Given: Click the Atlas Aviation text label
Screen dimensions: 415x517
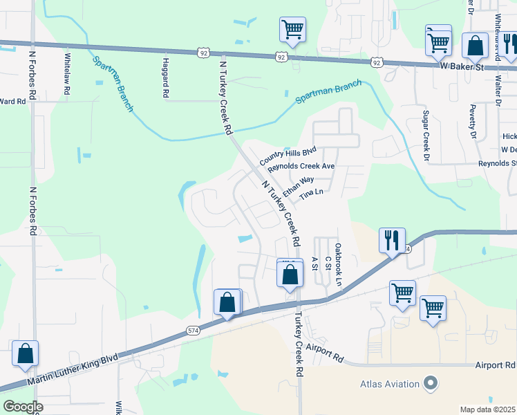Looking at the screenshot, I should [x=390, y=384].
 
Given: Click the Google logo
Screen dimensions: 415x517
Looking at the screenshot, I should [x=23, y=407].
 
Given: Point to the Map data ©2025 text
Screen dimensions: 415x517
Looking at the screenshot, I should [x=488, y=409].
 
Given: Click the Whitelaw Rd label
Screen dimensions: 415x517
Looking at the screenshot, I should [x=67, y=74].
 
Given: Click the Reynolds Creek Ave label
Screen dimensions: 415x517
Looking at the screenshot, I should [x=301, y=167].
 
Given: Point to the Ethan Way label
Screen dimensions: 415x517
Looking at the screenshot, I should [x=297, y=183].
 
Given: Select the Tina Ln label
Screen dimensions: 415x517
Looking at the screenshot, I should [x=311, y=196].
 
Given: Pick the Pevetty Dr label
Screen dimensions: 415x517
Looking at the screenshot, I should [x=474, y=122].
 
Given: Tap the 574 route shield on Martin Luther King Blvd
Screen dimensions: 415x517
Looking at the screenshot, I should [x=194, y=332].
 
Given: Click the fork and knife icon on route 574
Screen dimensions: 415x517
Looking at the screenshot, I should [x=392, y=240].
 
